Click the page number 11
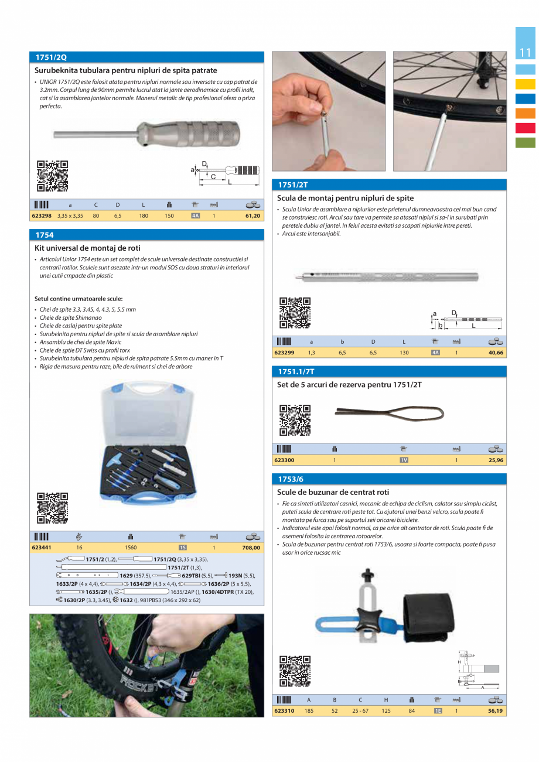point(525,53)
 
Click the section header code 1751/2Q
point(52,57)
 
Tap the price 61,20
point(253,216)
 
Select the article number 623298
point(42,216)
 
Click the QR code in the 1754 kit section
point(52,508)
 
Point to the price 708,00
point(251,548)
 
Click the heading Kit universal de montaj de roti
point(87,248)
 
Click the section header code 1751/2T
point(292,184)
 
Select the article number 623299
point(284,353)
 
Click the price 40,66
point(495,353)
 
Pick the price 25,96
point(495,460)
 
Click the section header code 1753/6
point(291,479)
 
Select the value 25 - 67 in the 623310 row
point(360,711)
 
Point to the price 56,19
point(495,711)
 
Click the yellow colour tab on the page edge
point(525,84)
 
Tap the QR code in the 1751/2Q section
point(52,176)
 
